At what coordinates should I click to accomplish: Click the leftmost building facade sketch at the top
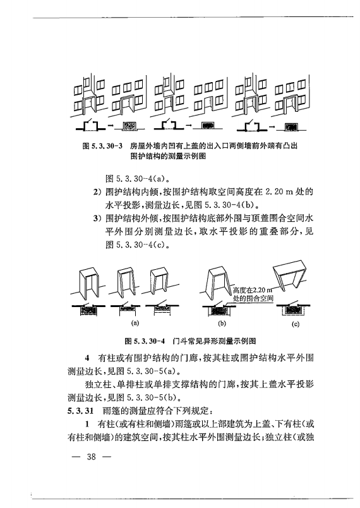click(x=87, y=95)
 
